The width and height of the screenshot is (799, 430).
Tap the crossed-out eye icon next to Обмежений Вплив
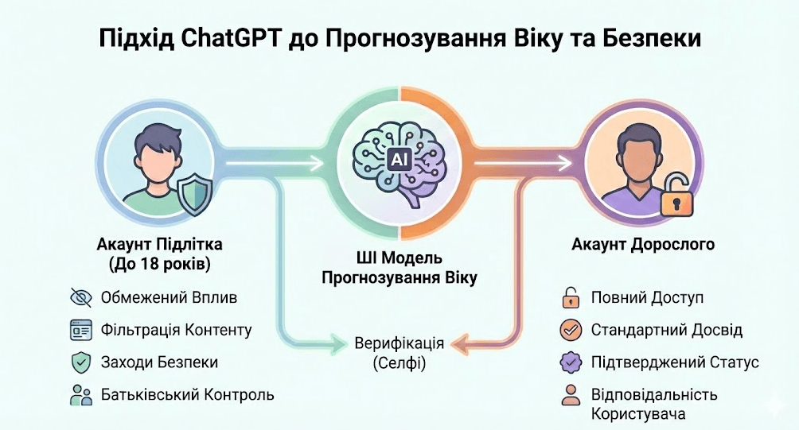pyautogui.click(x=81, y=298)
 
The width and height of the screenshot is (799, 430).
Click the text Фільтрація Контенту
pyautogui.click(x=176, y=329)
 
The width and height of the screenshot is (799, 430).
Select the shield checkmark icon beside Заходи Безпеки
pyautogui.click(x=81, y=362)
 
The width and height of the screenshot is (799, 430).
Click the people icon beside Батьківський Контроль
pyautogui.click(x=81, y=394)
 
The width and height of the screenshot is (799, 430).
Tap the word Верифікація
pyautogui.click(x=399, y=343)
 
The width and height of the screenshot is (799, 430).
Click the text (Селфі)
pyautogui.click(x=399, y=364)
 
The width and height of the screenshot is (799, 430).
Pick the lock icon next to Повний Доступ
pyautogui.click(x=570, y=298)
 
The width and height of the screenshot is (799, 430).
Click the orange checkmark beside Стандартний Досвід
pyautogui.click(x=570, y=329)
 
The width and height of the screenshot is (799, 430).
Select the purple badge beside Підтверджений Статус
pyautogui.click(x=570, y=362)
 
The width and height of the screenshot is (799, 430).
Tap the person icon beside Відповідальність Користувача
pyautogui.click(x=570, y=395)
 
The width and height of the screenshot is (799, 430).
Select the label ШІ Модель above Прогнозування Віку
pyautogui.click(x=399, y=260)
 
